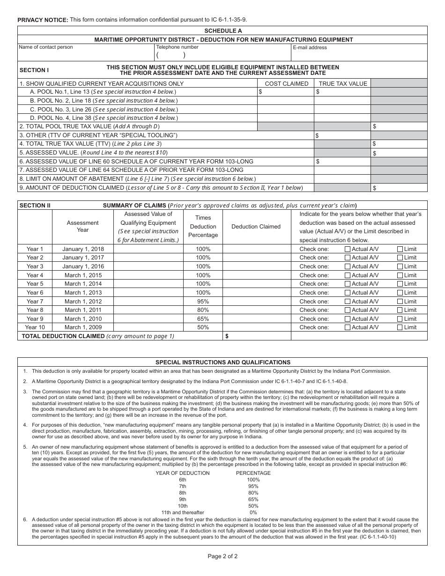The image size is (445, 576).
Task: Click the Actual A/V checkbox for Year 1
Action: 348,249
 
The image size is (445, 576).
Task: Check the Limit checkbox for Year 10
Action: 400,327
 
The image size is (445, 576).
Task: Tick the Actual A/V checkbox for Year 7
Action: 348,302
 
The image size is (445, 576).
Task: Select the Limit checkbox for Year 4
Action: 400,275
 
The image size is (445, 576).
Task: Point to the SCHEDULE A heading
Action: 222,30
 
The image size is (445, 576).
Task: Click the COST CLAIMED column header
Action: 286,84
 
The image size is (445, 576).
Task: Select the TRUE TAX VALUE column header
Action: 342,84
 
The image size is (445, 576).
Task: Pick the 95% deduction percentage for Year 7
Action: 203,302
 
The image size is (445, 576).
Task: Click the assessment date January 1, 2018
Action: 83,249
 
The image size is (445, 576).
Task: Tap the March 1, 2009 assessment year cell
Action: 83,327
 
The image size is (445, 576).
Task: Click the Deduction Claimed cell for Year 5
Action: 256,284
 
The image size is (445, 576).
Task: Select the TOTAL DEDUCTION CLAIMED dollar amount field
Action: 257,336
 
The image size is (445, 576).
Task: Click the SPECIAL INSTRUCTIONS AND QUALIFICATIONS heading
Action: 222,362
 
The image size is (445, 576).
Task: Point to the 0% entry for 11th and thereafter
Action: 253,512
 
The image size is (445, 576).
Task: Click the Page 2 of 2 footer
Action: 222,556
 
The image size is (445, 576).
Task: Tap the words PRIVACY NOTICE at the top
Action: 43,20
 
